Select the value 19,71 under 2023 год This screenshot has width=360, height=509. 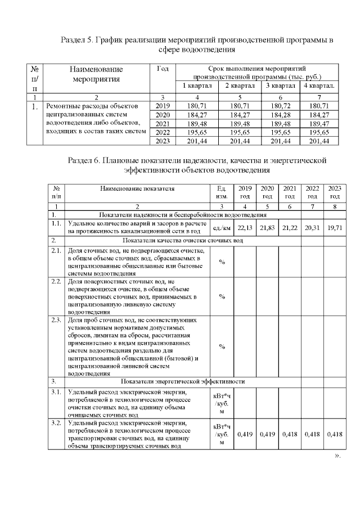[x=335, y=227]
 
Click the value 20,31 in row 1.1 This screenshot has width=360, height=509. [x=312, y=227]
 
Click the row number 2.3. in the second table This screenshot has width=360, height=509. [x=56, y=320]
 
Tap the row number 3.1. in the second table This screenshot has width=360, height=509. [x=56, y=392]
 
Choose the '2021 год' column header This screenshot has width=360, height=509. [x=290, y=192]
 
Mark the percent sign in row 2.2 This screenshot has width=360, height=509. [x=222, y=296]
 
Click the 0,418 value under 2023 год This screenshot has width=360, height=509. [x=335, y=434]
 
